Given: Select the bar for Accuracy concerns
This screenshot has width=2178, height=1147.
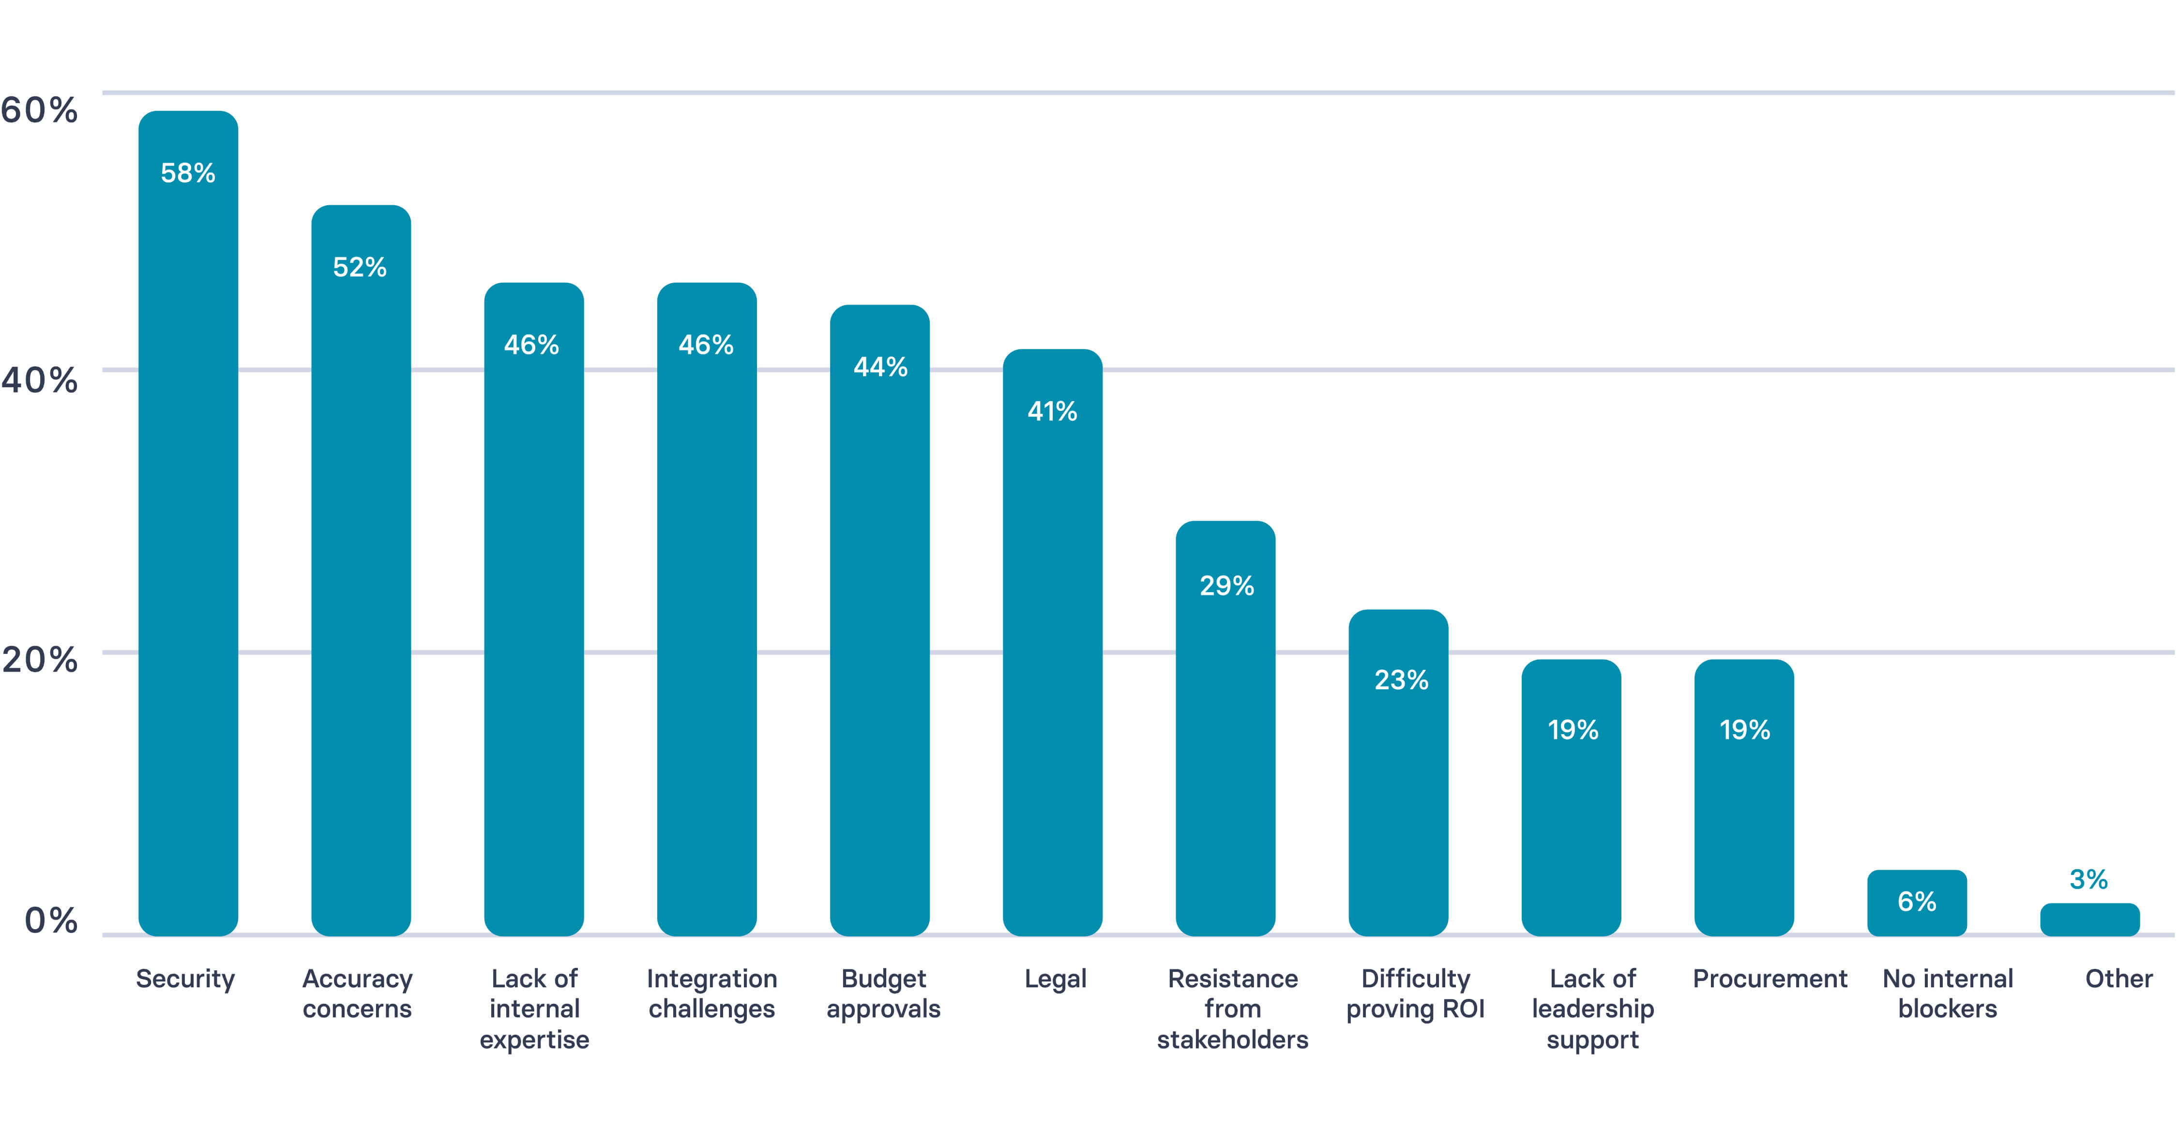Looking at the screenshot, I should tap(361, 571).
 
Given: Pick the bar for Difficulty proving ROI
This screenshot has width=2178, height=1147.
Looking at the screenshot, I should tap(1398, 773).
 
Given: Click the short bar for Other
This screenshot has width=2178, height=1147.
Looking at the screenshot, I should tap(2089, 920).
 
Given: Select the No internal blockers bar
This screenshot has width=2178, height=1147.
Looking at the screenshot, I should tap(1917, 903).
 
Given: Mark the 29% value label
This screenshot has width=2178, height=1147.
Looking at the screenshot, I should tap(1226, 586).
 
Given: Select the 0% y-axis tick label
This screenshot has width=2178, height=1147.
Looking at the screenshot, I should tap(51, 921).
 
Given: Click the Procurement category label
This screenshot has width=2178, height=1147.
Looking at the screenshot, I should tap(1769, 979).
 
